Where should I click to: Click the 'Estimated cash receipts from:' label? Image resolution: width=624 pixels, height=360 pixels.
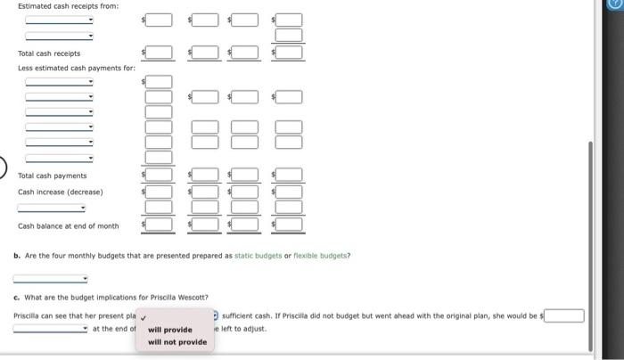pyautogui.click(x=68, y=6)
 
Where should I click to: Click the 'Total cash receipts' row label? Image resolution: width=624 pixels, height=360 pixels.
pyautogui.click(x=49, y=53)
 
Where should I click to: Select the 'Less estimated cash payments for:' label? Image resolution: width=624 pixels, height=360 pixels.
pyautogui.click(x=77, y=68)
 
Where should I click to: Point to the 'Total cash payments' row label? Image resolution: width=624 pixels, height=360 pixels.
pyautogui.click(x=53, y=176)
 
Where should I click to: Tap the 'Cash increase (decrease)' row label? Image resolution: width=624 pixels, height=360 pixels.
pyautogui.click(x=61, y=192)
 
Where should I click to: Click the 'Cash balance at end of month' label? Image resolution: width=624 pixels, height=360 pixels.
pyautogui.click(x=68, y=225)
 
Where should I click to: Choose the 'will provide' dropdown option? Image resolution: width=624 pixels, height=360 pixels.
pyautogui.click(x=170, y=330)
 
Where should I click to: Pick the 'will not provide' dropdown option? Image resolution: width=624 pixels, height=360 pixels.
pyautogui.click(x=177, y=342)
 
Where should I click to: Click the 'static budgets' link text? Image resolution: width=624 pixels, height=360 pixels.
pyautogui.click(x=258, y=256)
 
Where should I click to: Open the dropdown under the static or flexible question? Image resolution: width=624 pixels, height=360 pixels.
pyautogui.click(x=51, y=278)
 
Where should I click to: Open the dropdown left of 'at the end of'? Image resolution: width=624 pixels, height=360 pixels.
pyautogui.click(x=51, y=328)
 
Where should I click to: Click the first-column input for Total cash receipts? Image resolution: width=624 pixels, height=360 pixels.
pyautogui.click(x=159, y=53)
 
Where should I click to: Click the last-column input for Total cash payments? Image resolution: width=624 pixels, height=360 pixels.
pyautogui.click(x=290, y=176)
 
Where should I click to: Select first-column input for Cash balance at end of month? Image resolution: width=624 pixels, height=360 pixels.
pyautogui.click(x=159, y=225)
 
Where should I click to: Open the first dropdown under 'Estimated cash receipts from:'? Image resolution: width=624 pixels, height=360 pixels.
pyautogui.click(x=59, y=20)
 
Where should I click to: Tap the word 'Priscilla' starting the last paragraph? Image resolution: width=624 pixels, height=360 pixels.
pyautogui.click(x=28, y=315)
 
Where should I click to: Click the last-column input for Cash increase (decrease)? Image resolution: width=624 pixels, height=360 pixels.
pyautogui.click(x=290, y=192)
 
